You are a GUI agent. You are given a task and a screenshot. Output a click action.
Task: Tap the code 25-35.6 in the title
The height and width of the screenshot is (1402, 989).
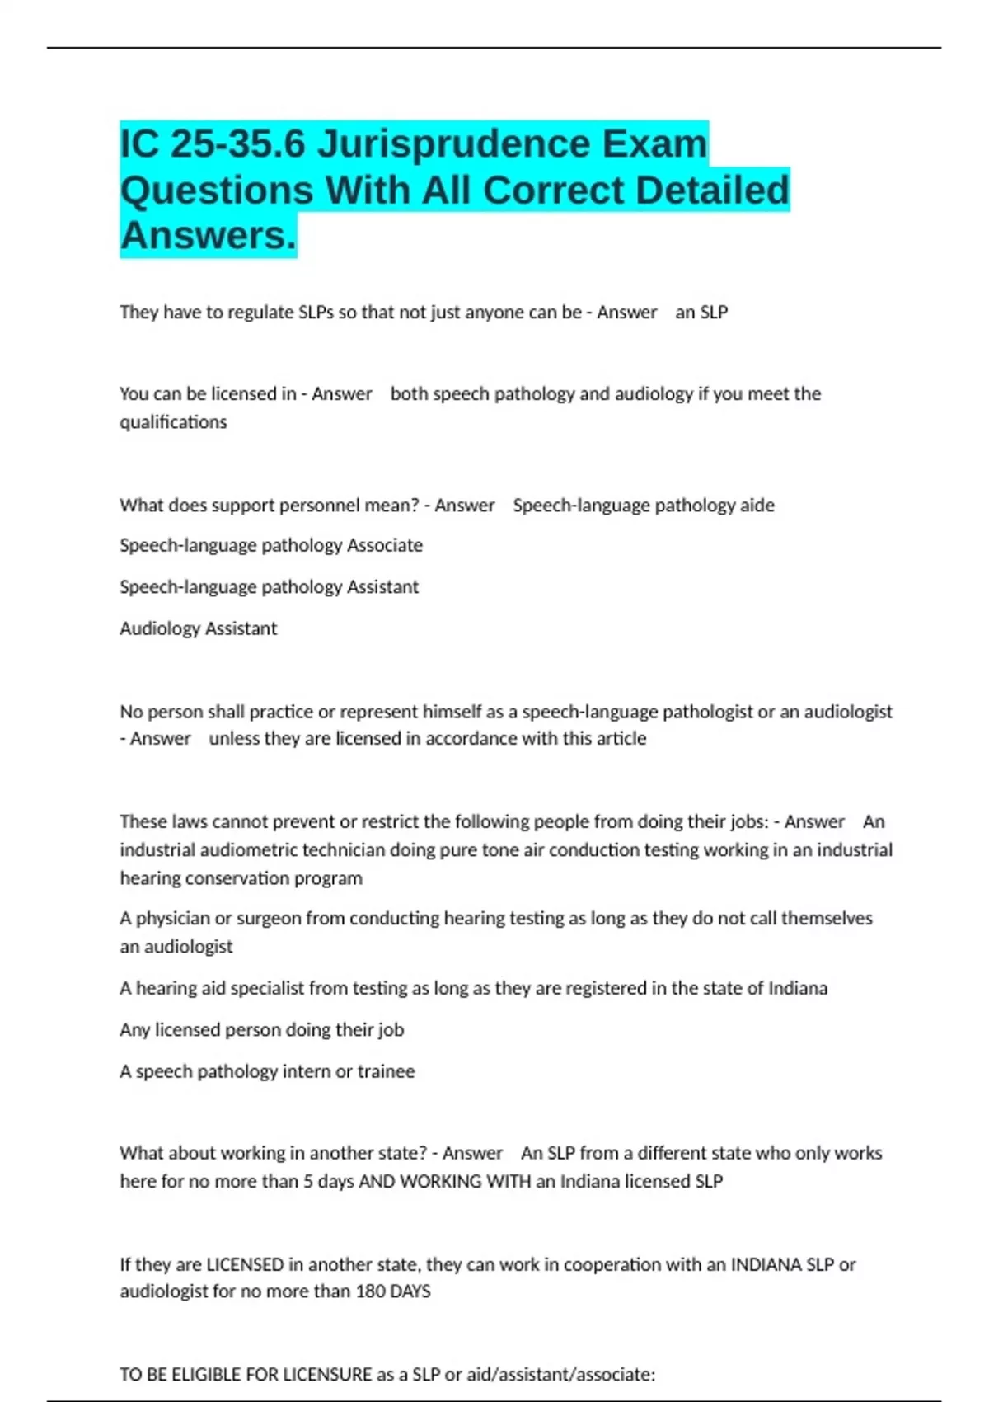tap(238, 145)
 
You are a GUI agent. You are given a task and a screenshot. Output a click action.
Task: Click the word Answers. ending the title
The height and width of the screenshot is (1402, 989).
tap(208, 236)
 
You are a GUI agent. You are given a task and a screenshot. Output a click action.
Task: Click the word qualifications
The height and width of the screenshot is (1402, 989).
tap(173, 422)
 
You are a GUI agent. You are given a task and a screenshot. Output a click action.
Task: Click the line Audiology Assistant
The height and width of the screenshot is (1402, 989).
tap(198, 628)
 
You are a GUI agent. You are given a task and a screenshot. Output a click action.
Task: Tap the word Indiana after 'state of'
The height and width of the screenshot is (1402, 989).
tap(797, 988)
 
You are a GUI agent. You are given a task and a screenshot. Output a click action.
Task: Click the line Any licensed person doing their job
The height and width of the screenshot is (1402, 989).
tap(261, 1030)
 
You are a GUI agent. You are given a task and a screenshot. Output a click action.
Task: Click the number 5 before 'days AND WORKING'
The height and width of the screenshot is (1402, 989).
tap(308, 1182)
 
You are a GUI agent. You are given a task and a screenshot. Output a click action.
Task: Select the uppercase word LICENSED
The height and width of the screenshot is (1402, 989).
tap(245, 1264)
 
